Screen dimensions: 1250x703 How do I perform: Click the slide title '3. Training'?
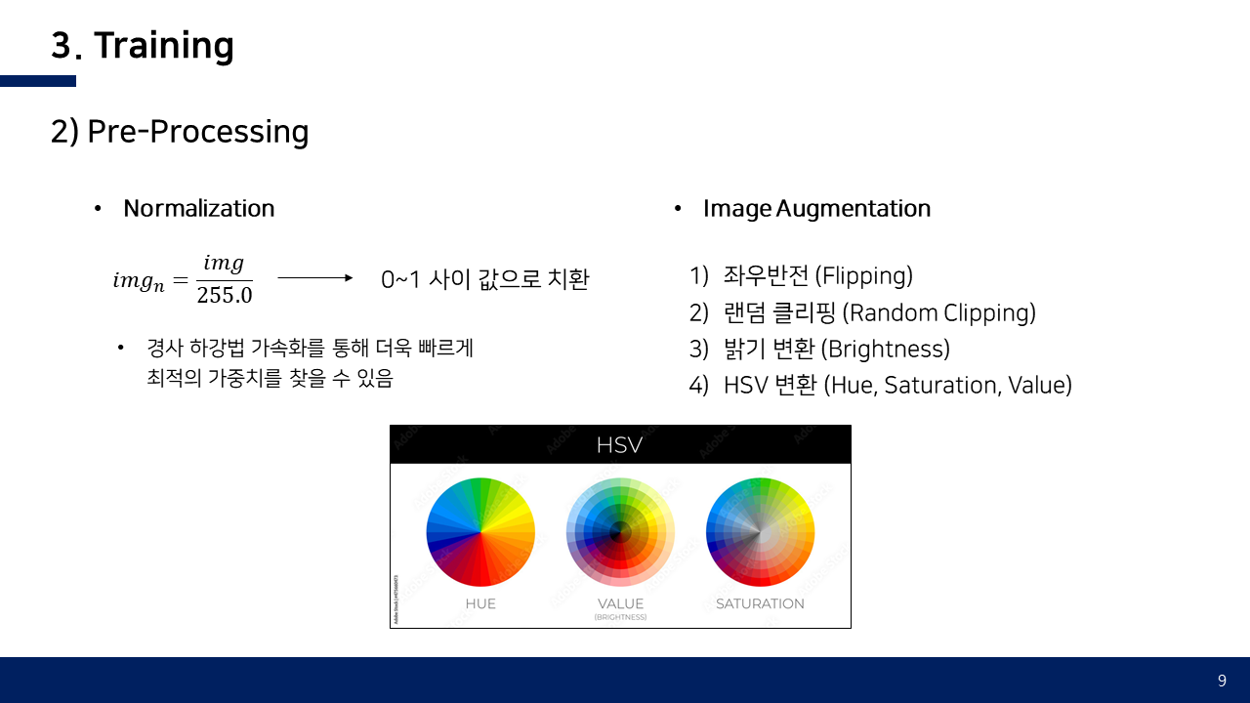[143, 45]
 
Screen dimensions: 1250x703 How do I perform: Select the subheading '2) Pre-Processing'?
[180, 132]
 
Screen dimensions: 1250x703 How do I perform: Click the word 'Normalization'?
[198, 209]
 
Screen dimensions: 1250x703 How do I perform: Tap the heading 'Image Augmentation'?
[817, 209]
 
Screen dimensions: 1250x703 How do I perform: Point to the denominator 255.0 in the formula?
[225, 295]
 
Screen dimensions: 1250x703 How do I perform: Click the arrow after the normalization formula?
[315, 278]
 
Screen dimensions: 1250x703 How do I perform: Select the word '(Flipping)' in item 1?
[864, 275]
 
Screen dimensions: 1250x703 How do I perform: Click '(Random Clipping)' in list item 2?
[938, 312]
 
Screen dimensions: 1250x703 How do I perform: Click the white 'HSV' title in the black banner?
[619, 445]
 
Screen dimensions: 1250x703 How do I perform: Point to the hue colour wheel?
[480, 532]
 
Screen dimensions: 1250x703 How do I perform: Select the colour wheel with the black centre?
[620, 532]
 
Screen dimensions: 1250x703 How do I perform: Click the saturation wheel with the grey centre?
[760, 532]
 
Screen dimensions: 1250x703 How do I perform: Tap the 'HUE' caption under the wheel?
[480, 603]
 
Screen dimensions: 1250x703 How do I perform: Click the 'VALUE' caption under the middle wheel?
[620, 603]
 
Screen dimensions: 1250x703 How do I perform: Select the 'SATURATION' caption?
[760, 603]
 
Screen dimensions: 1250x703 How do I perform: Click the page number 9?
[1222, 681]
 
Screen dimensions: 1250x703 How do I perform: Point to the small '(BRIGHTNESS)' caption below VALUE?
[620, 617]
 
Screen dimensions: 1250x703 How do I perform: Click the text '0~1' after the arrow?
[400, 279]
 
